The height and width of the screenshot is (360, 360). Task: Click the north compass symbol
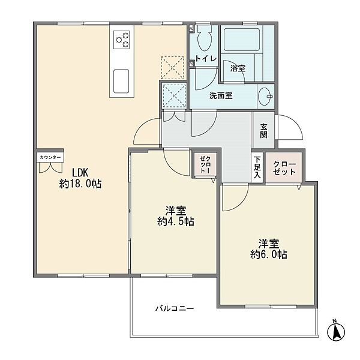click(336, 331)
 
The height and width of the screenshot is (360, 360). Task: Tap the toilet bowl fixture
click(203, 39)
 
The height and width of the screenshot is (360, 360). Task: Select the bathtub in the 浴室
click(242, 40)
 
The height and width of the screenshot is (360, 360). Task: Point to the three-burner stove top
click(121, 40)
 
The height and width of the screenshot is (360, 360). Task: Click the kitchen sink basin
click(121, 81)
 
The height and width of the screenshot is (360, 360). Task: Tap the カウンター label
click(50, 157)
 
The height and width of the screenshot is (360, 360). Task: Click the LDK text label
click(80, 172)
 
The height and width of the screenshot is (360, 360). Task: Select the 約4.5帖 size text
click(176, 221)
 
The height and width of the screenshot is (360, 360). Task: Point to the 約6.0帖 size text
click(269, 254)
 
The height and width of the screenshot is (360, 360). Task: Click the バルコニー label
click(175, 308)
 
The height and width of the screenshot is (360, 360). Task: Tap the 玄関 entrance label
click(263, 131)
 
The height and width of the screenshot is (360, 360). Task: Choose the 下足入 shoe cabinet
click(257, 167)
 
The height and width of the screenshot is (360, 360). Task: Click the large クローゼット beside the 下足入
click(284, 167)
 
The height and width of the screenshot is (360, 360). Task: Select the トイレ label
click(206, 58)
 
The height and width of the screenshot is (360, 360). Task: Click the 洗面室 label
click(221, 95)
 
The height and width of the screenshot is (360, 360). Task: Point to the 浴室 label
click(238, 68)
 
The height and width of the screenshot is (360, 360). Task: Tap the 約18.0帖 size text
click(80, 184)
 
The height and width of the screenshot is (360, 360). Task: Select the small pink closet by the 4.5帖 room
click(205, 164)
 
